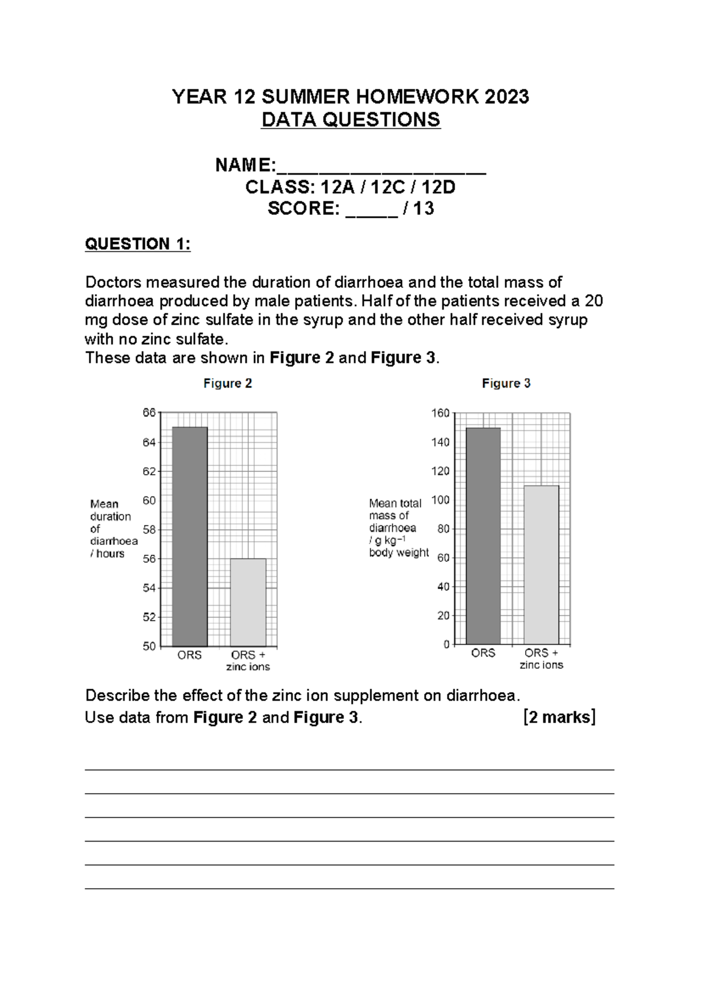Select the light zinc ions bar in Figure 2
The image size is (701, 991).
[248, 602]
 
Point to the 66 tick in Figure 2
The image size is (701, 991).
[150, 413]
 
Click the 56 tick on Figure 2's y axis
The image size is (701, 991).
[150, 559]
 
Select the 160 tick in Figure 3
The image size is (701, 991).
[440, 413]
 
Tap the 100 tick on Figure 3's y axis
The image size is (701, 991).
[440, 500]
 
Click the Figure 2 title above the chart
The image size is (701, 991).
[228, 384]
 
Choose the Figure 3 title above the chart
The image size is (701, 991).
[506, 384]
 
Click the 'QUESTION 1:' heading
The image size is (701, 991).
[138, 244]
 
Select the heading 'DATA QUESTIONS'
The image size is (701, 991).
[350, 120]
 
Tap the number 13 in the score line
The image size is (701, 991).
[424, 208]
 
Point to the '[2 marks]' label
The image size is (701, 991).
[559, 717]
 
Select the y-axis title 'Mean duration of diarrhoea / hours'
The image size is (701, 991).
[113, 528]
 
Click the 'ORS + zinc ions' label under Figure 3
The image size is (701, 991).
[541, 659]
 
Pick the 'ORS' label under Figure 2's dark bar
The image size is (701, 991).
[189, 655]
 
